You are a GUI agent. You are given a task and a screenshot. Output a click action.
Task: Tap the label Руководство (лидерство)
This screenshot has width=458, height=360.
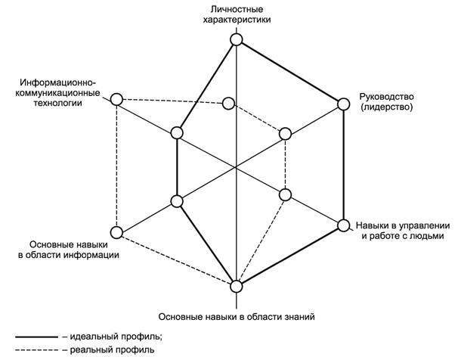coord(386,102)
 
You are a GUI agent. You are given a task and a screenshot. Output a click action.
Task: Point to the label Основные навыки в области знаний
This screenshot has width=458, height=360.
coord(237,315)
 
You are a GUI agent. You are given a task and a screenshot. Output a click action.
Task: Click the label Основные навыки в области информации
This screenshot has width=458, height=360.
coord(70,250)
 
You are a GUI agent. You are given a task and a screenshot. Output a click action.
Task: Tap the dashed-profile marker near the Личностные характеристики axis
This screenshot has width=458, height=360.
coord(229,103)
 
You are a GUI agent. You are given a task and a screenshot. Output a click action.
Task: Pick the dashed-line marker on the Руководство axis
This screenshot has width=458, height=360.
coord(285,134)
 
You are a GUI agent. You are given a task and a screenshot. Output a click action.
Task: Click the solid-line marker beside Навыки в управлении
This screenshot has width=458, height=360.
coord(342,225)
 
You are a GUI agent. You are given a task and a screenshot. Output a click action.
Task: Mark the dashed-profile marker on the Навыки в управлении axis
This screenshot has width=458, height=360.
coord(285,194)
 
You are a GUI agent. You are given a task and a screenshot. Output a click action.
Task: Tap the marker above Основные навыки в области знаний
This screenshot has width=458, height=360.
coord(237,286)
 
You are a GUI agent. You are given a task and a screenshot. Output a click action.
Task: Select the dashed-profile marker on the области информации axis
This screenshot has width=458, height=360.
coord(116,231)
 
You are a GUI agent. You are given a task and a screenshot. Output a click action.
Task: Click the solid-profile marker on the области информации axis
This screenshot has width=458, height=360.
coord(177,201)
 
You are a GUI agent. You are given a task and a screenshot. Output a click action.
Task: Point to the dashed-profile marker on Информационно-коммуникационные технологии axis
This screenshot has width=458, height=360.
coord(116,99)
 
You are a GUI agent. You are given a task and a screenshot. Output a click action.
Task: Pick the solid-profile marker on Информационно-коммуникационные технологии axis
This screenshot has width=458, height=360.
coord(177,133)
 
